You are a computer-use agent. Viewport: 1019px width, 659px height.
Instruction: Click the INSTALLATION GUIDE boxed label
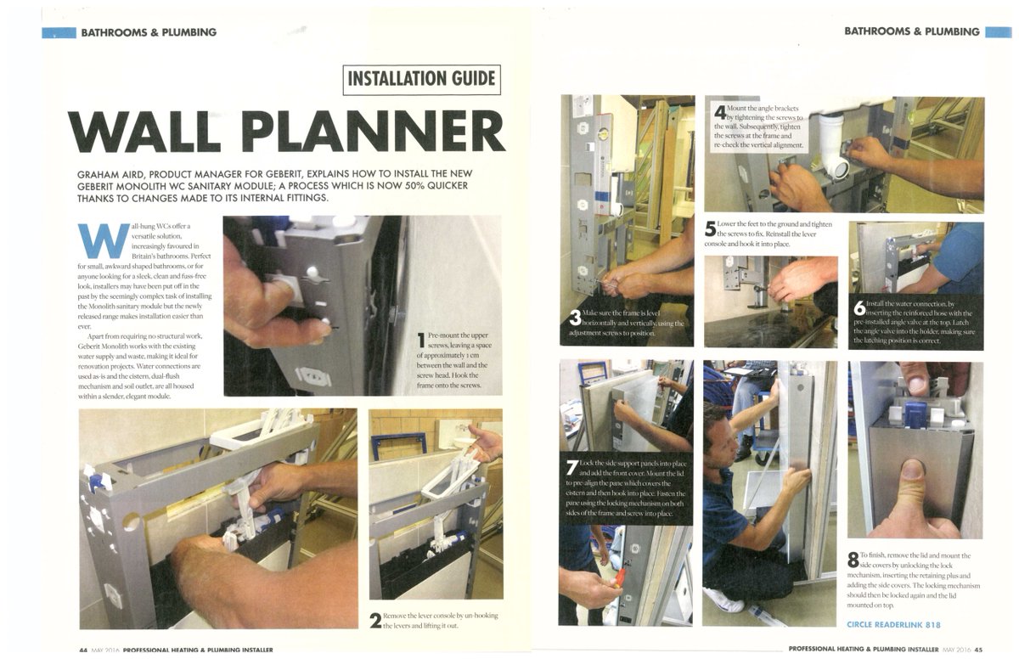click(422, 80)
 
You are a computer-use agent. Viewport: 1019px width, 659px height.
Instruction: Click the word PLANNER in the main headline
click(384, 131)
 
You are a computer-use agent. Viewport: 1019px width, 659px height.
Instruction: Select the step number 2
click(374, 620)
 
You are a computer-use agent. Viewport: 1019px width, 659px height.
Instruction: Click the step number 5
click(711, 229)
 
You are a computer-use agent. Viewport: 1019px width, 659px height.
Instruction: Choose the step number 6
click(859, 307)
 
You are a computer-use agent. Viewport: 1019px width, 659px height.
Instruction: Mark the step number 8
click(853, 560)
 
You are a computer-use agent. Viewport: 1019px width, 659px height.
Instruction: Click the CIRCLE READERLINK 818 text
click(894, 624)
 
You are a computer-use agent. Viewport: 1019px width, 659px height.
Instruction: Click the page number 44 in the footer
click(83, 651)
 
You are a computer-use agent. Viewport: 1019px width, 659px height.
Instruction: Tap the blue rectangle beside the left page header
click(59, 32)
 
